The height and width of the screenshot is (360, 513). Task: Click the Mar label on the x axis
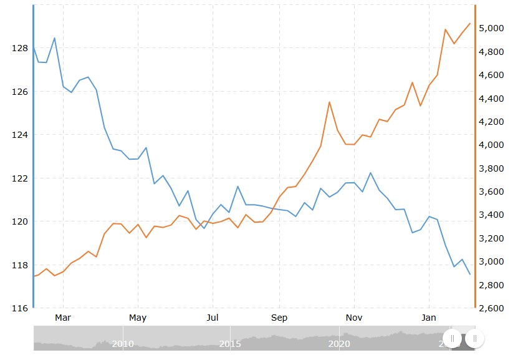(63, 318)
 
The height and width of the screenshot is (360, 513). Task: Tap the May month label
(138, 318)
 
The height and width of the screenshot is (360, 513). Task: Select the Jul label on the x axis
(213, 318)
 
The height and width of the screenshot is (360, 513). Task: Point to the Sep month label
(279, 318)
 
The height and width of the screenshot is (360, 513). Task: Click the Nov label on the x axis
(354, 318)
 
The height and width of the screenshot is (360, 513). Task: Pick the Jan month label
(429, 318)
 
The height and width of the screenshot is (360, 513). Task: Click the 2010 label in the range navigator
(123, 344)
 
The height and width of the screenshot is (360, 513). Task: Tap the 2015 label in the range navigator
(230, 344)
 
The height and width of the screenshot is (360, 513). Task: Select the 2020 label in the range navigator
(338, 344)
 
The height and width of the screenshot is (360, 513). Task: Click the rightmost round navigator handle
(474, 339)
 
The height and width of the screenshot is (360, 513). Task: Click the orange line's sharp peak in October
(329, 102)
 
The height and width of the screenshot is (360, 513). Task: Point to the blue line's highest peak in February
(55, 38)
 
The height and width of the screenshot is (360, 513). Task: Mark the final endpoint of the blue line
(470, 274)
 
